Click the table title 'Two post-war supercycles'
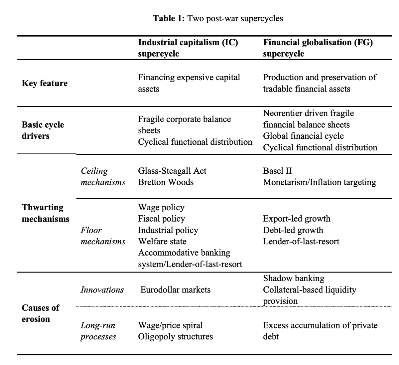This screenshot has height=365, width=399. pos(235,18)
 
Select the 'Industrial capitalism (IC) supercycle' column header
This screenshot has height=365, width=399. pos(188,48)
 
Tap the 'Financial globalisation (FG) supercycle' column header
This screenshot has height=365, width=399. pos(318,48)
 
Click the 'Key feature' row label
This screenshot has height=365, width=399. pos(45,83)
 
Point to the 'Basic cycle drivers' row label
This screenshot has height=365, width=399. pos(43,130)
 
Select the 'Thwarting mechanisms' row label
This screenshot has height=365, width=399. pos(46,213)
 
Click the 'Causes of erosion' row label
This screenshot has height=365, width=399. pos(40,313)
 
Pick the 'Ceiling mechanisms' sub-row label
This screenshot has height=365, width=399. pos(103,176)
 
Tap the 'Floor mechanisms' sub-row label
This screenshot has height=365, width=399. pos(103,236)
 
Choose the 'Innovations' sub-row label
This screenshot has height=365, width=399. pos(102,290)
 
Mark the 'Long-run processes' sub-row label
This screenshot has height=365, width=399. pos(98,331)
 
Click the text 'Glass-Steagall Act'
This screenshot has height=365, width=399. pos(172,171)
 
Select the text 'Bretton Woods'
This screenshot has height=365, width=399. pos(166,182)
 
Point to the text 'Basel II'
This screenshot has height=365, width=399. pos(277,171)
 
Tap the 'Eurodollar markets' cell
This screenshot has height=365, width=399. pos(175,290)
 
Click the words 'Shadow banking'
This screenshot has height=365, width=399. pos(294,278)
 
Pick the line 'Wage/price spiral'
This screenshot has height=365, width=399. pos(170,325)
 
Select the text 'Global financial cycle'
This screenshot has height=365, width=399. pos(303,136)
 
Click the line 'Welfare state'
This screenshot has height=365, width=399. pos(162,241)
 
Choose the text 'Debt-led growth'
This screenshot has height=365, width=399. pos(293,230)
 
